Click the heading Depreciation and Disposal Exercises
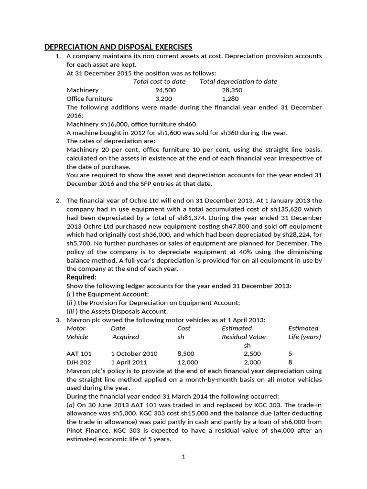click(x=118, y=47)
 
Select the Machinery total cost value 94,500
click(x=166, y=90)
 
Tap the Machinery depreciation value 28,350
click(x=232, y=90)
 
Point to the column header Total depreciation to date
click(x=238, y=81)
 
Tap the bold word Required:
click(x=81, y=277)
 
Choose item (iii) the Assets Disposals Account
click(x=117, y=311)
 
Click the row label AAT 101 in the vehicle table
click(x=79, y=354)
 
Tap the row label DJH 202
click(x=79, y=362)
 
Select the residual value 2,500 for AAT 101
click(x=252, y=354)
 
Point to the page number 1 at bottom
click(x=183, y=457)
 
